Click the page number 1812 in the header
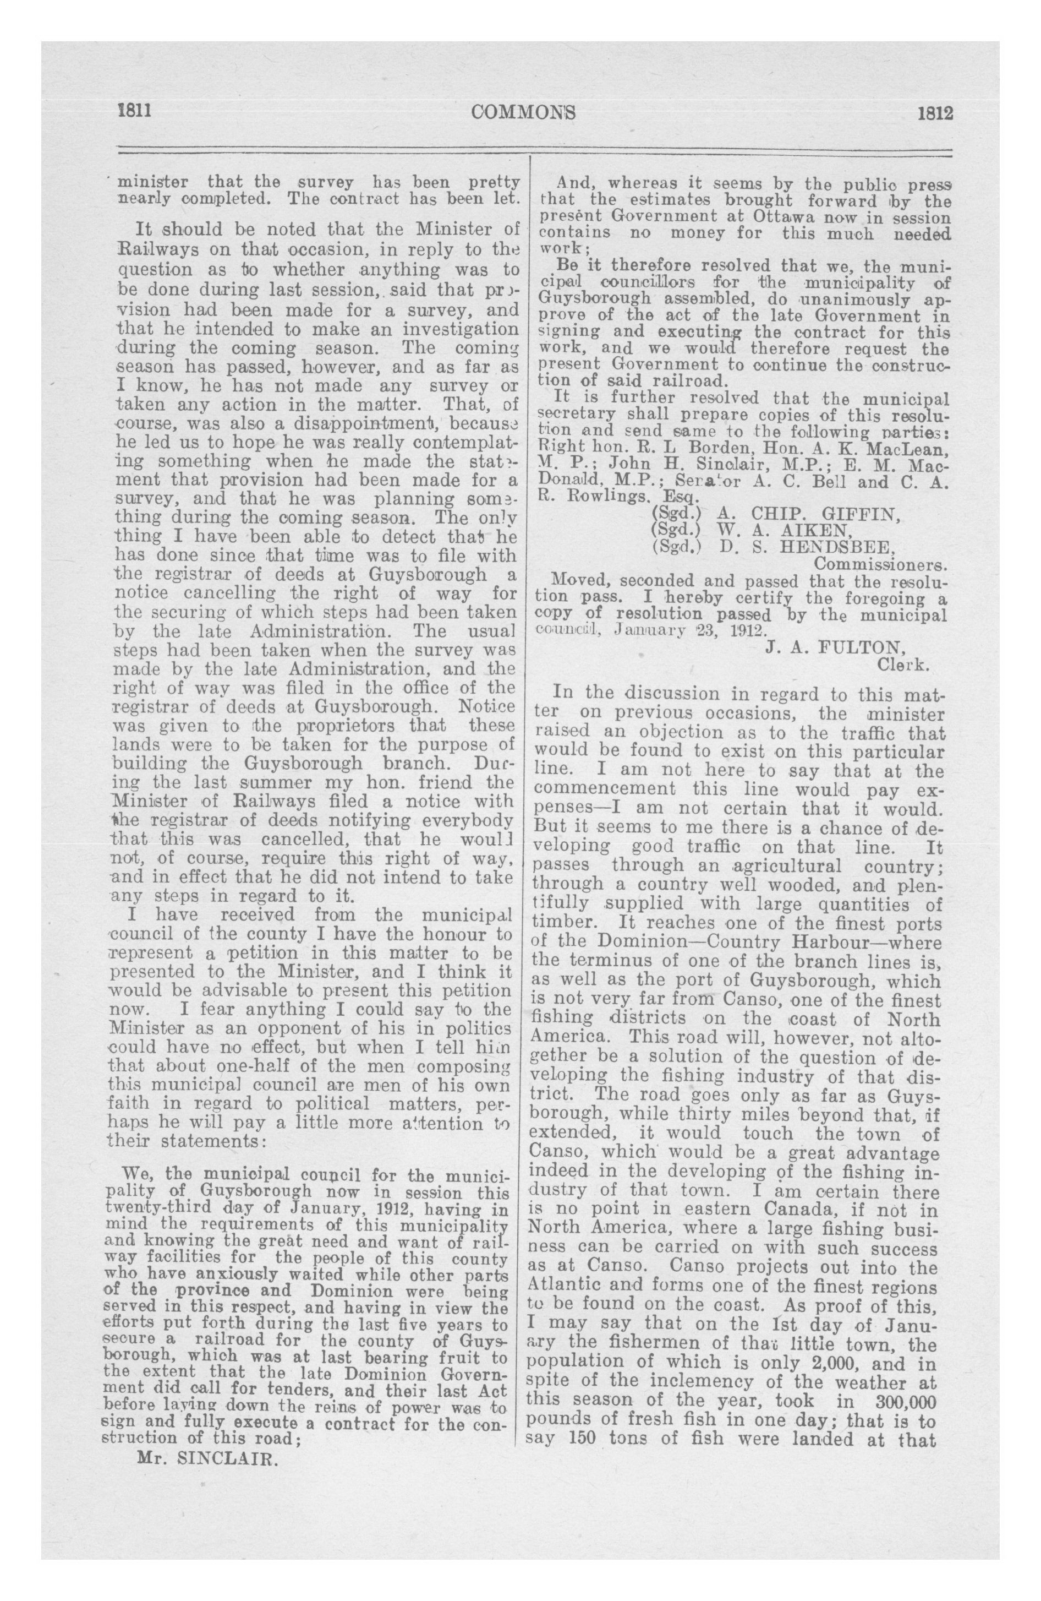click(x=935, y=112)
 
